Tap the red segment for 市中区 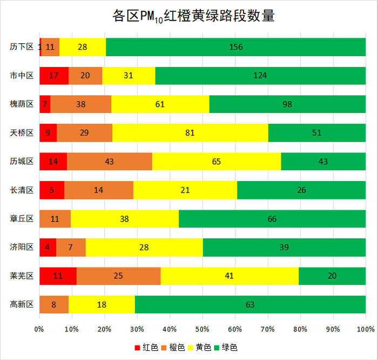pyautogui.click(x=54, y=75)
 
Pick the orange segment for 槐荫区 pyautogui.click(x=81, y=104)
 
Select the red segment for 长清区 pyautogui.click(x=52, y=190)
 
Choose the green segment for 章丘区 pyautogui.click(x=272, y=218)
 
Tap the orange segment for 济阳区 pyautogui.click(x=71, y=247)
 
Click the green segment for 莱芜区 pyautogui.click(x=332, y=276)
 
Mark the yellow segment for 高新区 pyautogui.click(x=102, y=304)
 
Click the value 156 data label pyautogui.click(x=236, y=47)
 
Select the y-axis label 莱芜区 pyautogui.click(x=22, y=276)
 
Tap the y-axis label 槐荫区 pyautogui.click(x=22, y=104)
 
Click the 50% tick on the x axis pyautogui.click(x=202, y=329)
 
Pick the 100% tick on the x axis pyautogui.click(x=366, y=329)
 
